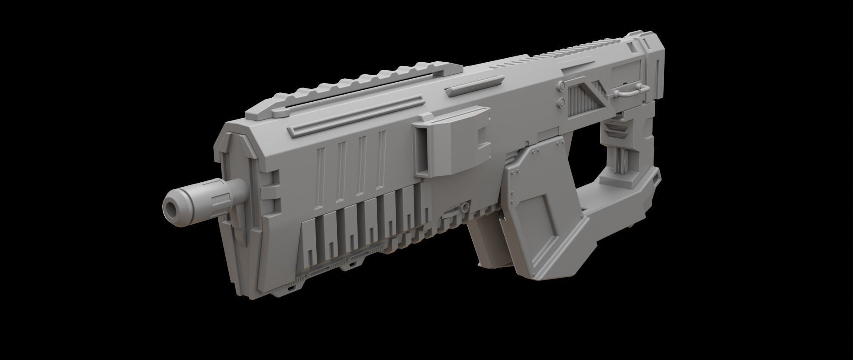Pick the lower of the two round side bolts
click(561, 103)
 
